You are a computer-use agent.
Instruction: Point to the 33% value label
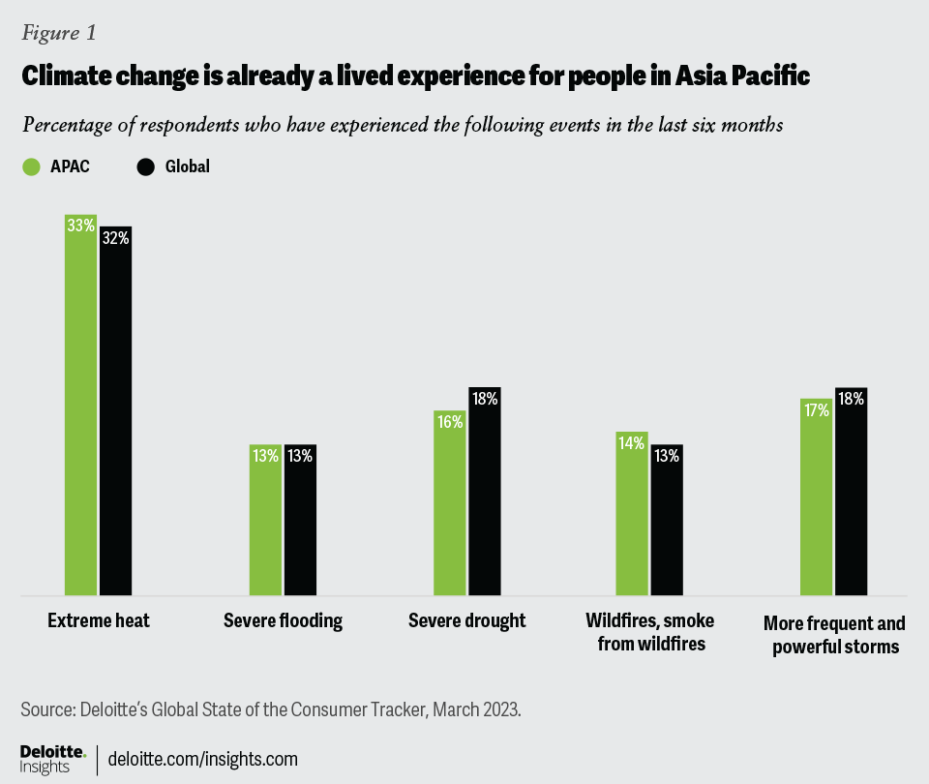click(x=81, y=226)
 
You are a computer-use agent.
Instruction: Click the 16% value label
click(x=449, y=422)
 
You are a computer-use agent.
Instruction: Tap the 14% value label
click(x=632, y=444)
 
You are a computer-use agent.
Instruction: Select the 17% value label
click(x=816, y=410)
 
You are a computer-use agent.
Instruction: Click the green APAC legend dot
click(x=31, y=166)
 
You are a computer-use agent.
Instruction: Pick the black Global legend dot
click(x=146, y=166)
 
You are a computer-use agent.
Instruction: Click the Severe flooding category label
click(x=283, y=620)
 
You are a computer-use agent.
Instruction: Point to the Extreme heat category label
click(x=99, y=620)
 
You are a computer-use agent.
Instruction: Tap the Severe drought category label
click(x=466, y=620)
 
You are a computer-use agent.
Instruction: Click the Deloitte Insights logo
click(x=53, y=758)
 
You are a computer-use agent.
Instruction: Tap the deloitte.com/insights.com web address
click(x=203, y=758)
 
